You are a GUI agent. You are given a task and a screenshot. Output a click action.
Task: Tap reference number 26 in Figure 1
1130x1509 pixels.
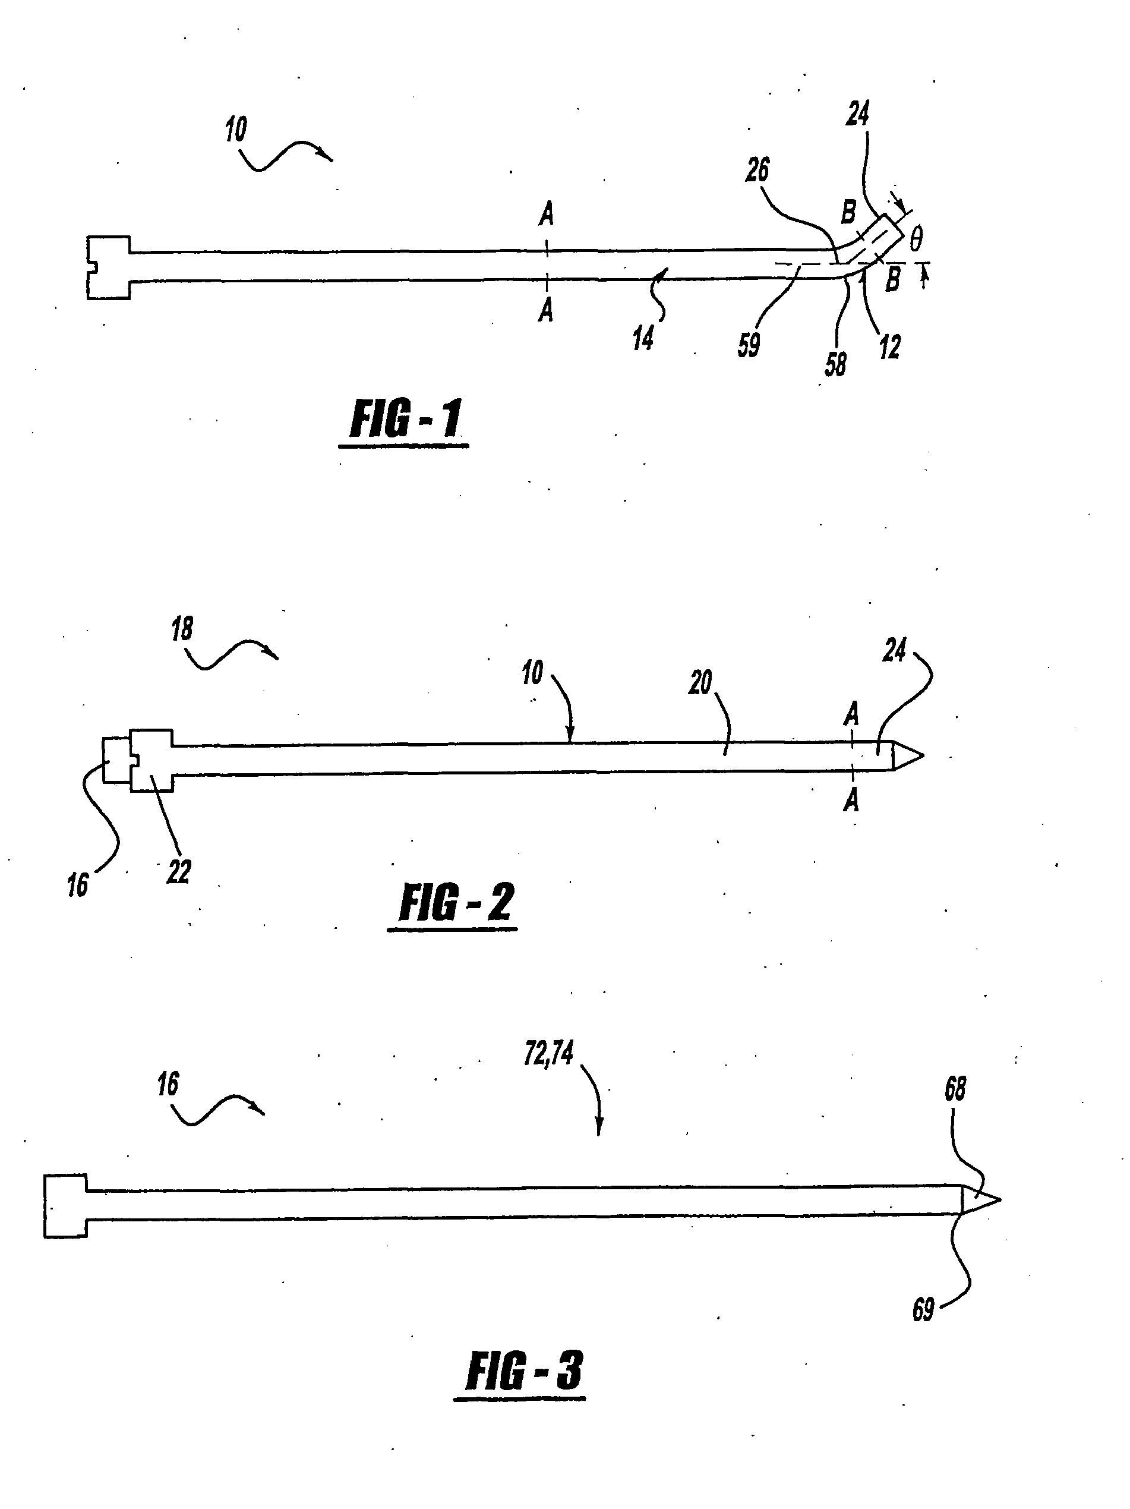(757, 171)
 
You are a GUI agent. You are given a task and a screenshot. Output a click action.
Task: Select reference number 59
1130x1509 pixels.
(748, 345)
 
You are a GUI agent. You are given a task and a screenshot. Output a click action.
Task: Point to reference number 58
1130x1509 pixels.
(835, 364)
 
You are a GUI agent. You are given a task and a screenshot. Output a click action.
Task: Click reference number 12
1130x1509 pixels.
(889, 346)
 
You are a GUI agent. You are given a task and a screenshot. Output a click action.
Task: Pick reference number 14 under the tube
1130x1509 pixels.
(642, 338)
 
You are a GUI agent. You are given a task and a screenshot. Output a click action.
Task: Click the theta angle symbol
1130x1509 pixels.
(916, 240)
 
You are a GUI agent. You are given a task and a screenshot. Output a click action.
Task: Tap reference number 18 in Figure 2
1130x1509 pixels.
(182, 628)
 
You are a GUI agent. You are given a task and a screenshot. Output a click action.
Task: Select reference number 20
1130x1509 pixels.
(700, 682)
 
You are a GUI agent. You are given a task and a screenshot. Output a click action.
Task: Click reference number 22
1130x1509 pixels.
(179, 871)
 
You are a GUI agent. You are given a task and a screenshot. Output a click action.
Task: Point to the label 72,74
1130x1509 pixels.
(548, 1054)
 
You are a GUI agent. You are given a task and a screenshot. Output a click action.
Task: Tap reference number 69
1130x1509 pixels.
(923, 1310)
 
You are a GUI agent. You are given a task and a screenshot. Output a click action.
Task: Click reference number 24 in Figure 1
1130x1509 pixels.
(858, 114)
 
